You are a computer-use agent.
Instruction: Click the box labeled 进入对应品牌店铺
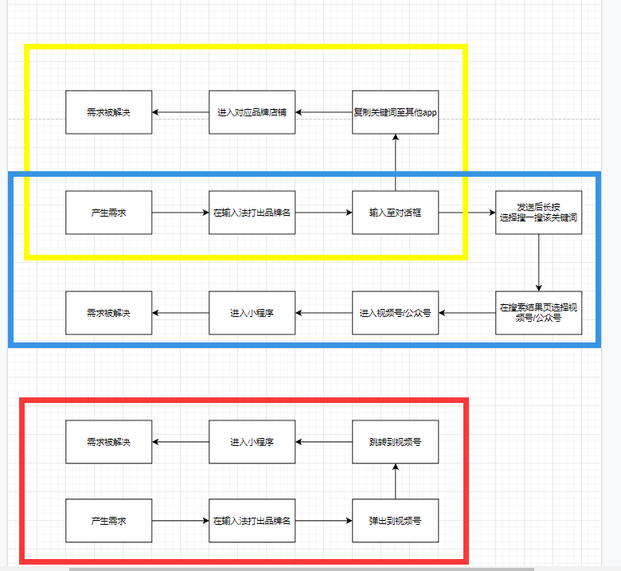(x=252, y=112)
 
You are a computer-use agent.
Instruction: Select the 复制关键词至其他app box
(x=395, y=112)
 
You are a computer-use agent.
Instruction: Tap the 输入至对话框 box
(x=395, y=213)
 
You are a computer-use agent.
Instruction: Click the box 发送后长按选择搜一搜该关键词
(x=538, y=213)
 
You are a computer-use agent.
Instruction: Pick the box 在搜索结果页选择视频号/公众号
(x=538, y=313)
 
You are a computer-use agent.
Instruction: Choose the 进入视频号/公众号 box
(x=395, y=313)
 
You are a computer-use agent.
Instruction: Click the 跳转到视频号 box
(x=395, y=442)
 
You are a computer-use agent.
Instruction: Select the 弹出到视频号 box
(x=395, y=521)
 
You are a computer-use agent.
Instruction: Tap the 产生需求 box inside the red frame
(x=108, y=521)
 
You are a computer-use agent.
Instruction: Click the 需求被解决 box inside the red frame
(x=108, y=442)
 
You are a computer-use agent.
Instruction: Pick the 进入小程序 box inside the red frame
(x=252, y=442)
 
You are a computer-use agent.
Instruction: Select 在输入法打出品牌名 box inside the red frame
(x=252, y=521)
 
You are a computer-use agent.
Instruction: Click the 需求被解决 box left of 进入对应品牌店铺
(x=108, y=112)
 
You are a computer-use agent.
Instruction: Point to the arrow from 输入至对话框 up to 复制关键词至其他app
(x=395, y=162)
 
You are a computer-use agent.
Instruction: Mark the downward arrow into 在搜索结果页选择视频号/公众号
(x=538, y=263)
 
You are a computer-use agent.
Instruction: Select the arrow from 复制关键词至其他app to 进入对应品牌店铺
(x=324, y=112)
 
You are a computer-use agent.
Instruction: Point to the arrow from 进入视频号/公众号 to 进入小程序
(x=324, y=313)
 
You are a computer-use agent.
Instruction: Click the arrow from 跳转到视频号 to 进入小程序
(x=324, y=442)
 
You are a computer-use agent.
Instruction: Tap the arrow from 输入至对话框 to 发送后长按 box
(x=467, y=213)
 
